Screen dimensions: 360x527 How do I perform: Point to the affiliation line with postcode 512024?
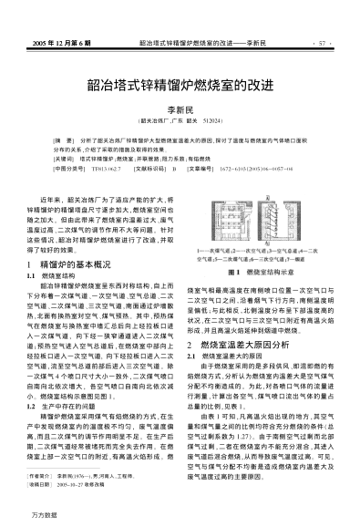point(180,119)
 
